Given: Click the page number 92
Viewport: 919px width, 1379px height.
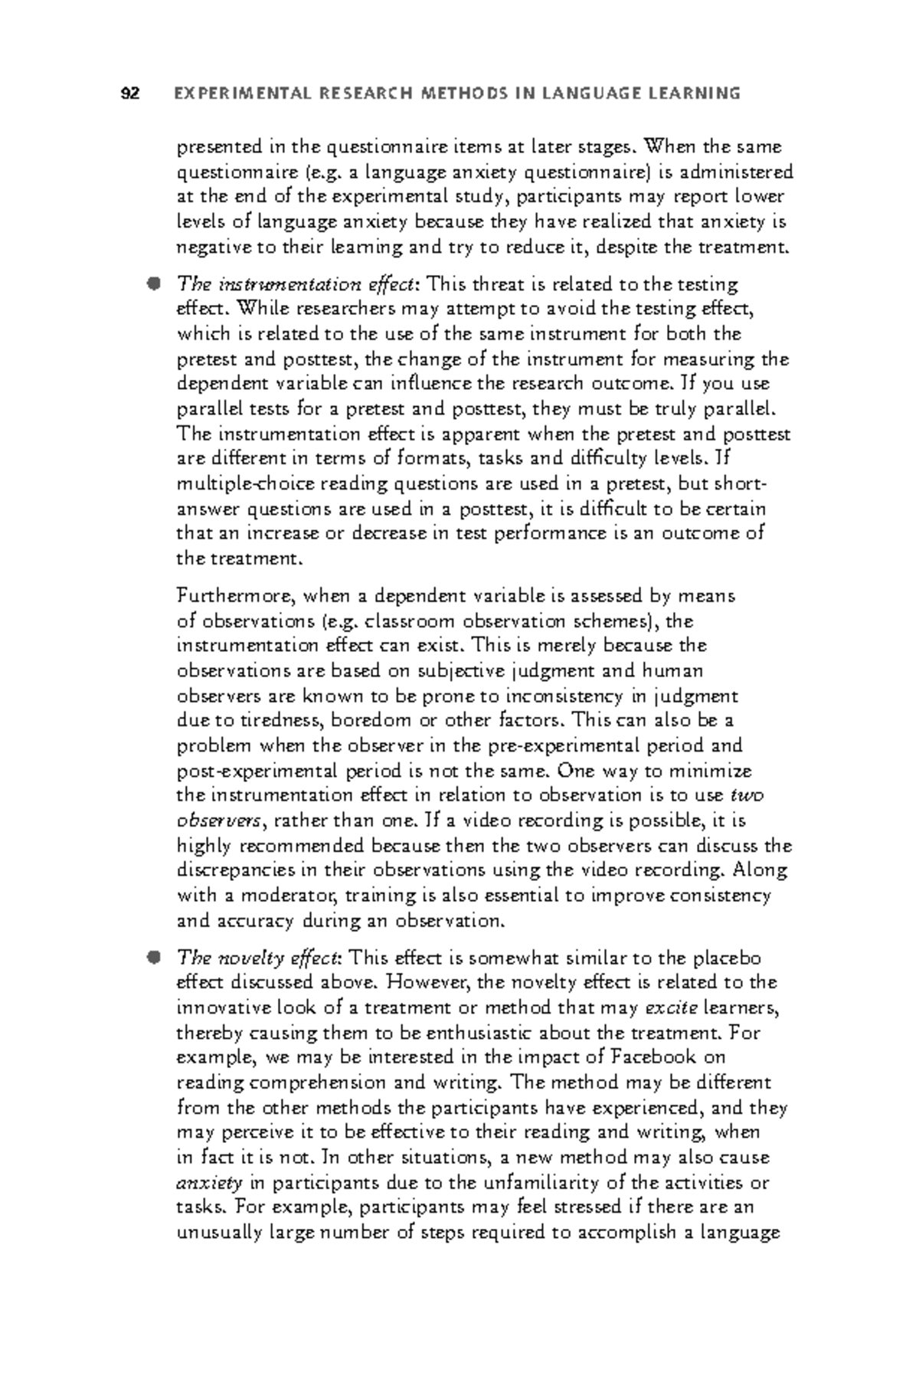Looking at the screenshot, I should (130, 94).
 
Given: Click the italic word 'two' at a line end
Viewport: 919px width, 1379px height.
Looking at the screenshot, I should (747, 795).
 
